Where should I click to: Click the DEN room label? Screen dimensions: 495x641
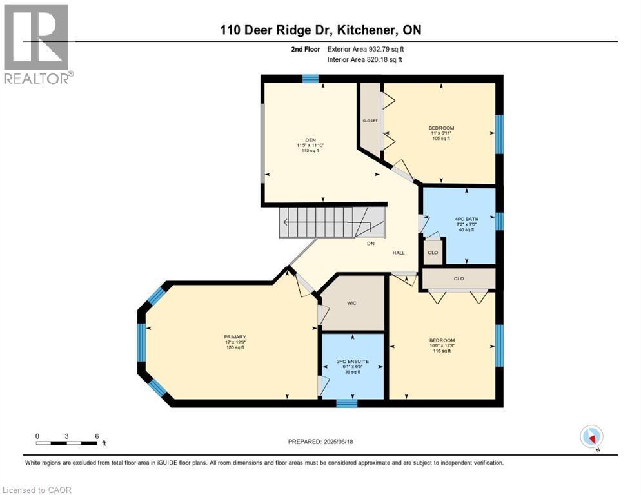[310, 139]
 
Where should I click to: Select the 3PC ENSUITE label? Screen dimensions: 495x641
[353, 361]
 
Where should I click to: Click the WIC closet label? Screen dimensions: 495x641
[351, 302]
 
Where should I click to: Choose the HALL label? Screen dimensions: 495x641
[399, 253]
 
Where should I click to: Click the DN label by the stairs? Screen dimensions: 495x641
[371, 244]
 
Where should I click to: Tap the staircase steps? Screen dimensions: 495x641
[322, 222]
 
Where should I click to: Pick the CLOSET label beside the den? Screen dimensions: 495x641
[370, 121]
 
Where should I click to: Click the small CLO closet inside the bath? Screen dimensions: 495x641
[433, 252]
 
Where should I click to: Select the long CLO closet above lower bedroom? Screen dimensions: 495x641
[459, 279]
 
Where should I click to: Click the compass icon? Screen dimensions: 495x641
[591, 437]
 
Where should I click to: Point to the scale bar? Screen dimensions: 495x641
[67, 443]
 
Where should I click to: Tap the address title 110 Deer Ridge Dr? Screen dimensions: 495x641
[320, 30]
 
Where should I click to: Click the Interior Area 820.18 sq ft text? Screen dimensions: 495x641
[364, 59]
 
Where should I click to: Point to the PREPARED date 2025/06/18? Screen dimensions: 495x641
[320, 442]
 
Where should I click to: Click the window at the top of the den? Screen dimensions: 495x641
[310, 79]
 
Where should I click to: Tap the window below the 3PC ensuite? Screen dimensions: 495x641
[347, 403]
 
